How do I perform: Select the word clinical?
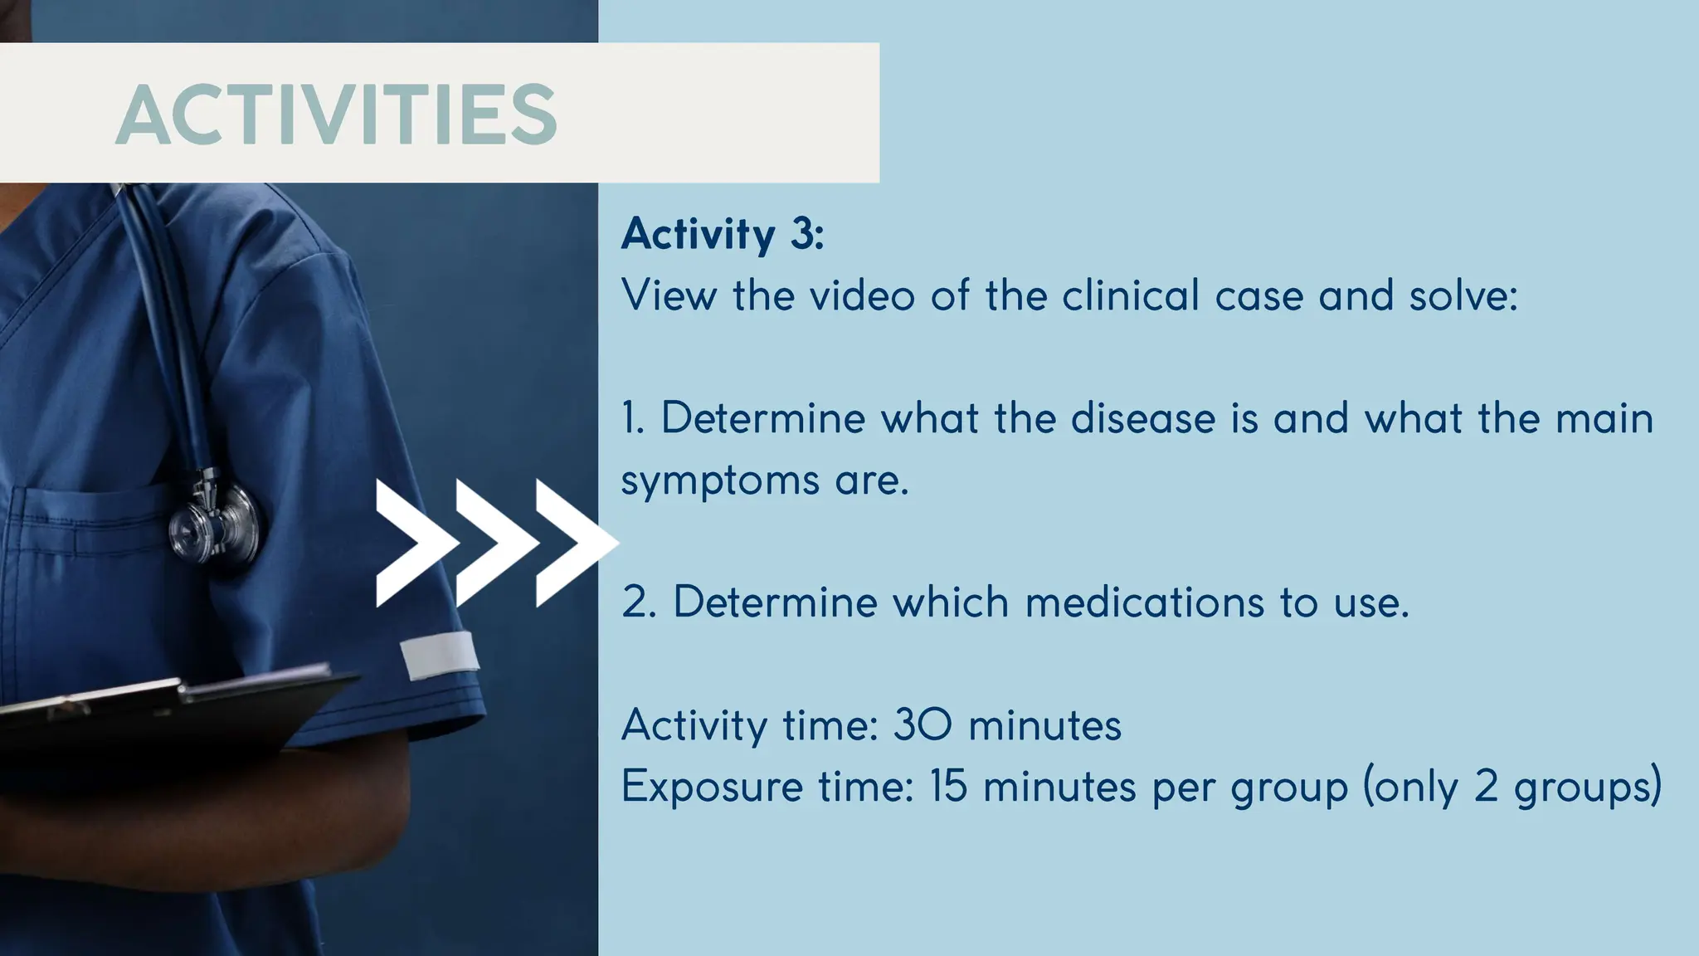[1131, 295]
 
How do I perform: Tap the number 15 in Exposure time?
[947, 786]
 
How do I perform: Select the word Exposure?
[712, 786]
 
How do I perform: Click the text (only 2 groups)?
[1512, 786]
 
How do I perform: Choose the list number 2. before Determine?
[639, 602]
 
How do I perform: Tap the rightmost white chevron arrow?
[574, 543]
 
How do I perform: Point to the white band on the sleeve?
[439, 654]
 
